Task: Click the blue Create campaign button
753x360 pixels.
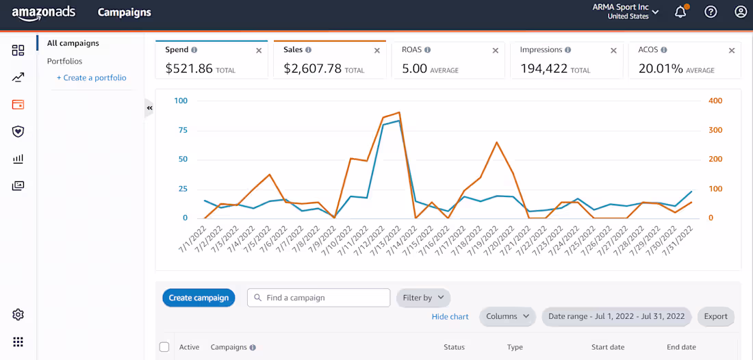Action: click(199, 298)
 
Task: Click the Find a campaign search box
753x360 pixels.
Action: click(318, 298)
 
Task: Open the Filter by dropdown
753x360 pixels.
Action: click(423, 298)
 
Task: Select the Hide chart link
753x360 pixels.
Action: click(450, 317)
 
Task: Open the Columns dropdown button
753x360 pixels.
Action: click(507, 316)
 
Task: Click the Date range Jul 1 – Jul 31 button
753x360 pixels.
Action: click(616, 316)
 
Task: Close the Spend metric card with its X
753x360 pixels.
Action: click(259, 51)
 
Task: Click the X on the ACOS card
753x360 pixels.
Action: click(732, 51)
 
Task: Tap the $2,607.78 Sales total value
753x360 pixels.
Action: click(312, 68)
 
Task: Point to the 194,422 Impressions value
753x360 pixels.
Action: click(544, 68)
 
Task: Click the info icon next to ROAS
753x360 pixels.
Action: click(427, 50)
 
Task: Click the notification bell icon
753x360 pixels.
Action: click(680, 12)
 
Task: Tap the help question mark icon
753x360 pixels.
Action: click(711, 12)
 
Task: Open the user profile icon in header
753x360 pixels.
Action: click(741, 12)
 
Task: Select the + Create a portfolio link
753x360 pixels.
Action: click(92, 78)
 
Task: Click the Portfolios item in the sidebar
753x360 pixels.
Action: click(64, 61)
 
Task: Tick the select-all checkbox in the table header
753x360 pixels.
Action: click(164, 347)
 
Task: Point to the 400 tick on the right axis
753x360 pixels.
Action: click(715, 101)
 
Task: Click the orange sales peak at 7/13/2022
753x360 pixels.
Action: click(399, 112)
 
